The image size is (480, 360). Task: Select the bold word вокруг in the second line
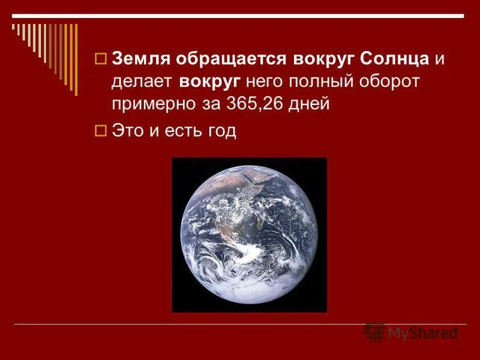click(x=210, y=82)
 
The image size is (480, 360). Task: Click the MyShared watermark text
click(x=422, y=332)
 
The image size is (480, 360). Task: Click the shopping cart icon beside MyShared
click(x=375, y=332)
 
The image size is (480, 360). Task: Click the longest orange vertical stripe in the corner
click(x=75, y=58)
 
